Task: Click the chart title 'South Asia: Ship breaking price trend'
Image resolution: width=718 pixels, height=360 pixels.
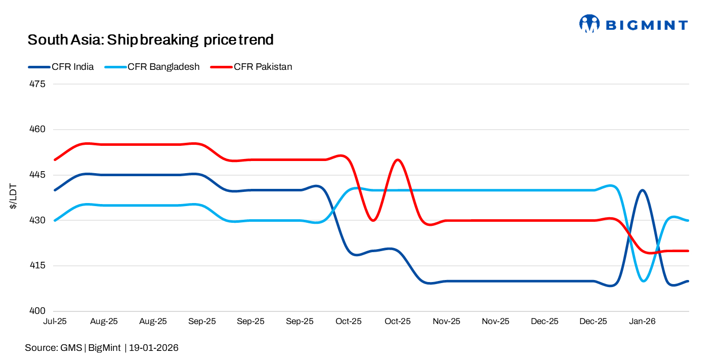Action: click(150, 39)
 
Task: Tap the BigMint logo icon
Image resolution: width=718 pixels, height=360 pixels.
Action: click(589, 24)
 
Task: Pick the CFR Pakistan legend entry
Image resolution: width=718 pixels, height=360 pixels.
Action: click(251, 67)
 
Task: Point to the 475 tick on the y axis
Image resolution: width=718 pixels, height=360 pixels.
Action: click(38, 84)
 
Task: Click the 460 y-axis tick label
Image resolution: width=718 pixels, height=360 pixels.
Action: click(38, 130)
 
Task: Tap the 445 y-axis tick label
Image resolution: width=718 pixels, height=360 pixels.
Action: click(38, 175)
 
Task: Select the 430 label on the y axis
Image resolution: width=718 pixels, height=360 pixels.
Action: click(38, 221)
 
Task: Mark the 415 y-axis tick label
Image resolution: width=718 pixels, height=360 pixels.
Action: click(38, 266)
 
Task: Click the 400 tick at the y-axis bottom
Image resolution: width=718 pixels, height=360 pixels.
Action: click(38, 311)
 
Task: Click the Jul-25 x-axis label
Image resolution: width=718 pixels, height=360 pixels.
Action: click(55, 322)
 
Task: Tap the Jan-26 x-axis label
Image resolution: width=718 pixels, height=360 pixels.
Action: click(642, 322)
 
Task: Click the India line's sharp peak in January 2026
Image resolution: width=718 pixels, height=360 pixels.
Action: click(642, 190)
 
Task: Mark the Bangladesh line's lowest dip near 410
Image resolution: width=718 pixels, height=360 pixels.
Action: click(643, 281)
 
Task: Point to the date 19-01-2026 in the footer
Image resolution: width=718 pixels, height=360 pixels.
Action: click(154, 348)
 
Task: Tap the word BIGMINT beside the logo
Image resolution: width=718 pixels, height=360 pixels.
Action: click(647, 25)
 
